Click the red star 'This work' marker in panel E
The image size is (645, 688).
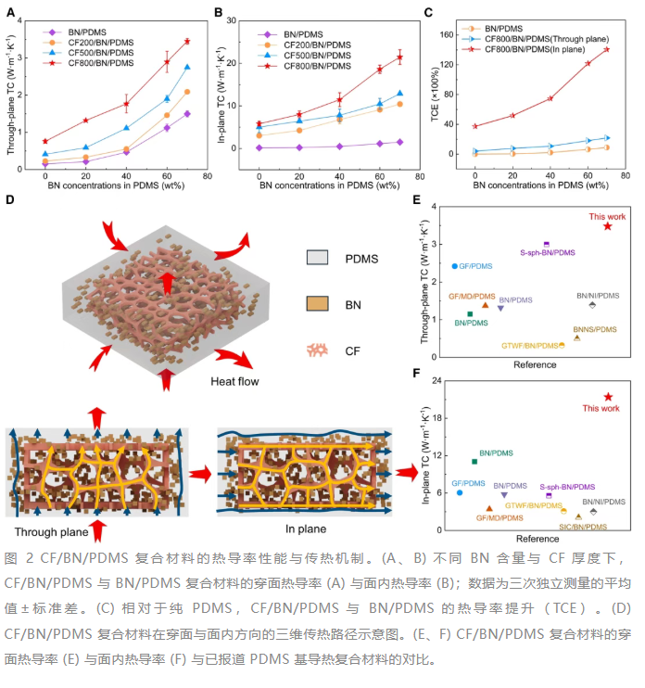(607, 226)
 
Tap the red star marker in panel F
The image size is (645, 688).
(608, 397)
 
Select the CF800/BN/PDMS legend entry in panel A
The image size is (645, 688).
(88, 63)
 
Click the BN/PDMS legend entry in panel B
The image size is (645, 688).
(291, 34)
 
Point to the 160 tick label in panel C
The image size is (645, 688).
(447, 34)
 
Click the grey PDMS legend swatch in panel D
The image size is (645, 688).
(317, 258)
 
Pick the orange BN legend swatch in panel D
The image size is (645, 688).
(317, 303)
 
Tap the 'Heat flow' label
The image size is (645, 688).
(234, 381)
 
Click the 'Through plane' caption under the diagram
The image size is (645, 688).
(51, 532)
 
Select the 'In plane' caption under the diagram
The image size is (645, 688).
(306, 529)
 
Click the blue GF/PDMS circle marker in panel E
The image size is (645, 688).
(455, 266)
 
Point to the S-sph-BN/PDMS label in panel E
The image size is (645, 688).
(547, 253)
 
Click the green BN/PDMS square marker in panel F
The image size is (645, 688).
(474, 462)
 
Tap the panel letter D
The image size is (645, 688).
(9, 200)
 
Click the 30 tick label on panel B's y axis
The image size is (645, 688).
(231, 20)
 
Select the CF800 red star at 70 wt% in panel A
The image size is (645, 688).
(187, 41)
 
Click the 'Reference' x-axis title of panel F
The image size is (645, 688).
(537, 539)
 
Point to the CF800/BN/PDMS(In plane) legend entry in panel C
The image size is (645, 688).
(524, 49)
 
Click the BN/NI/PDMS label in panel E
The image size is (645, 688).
(598, 296)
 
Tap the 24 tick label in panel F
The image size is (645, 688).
(436, 380)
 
